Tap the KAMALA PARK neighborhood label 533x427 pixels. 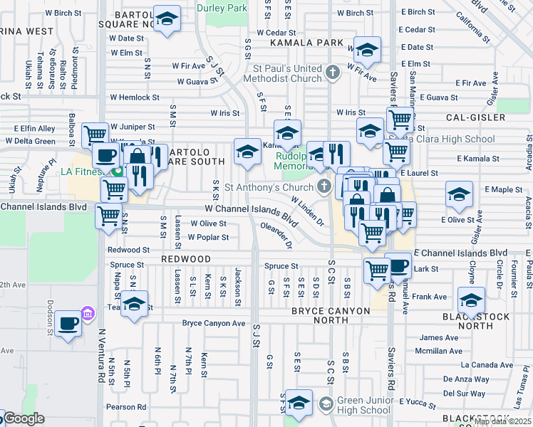point(306,43)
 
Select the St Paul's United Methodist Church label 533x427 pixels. point(285,73)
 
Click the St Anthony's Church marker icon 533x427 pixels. point(325,188)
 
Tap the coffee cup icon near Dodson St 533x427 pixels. point(68,323)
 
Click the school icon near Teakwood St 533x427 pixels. point(134,304)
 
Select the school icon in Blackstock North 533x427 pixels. point(471,300)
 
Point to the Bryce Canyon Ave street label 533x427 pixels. point(214,323)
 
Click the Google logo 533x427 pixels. point(24,419)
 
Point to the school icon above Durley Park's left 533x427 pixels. point(167,20)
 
